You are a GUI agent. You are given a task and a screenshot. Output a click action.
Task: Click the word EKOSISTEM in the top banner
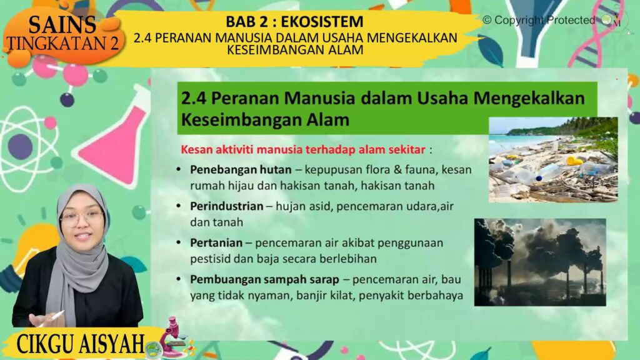tap(322, 21)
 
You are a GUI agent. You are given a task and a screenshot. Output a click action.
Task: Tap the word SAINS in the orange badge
tap(62, 25)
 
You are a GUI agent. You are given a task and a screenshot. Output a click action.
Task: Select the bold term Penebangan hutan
tap(241, 169)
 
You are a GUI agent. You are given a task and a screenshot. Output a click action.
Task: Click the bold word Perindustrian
tap(226, 206)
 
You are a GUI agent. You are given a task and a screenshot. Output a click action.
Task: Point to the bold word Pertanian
tap(216, 243)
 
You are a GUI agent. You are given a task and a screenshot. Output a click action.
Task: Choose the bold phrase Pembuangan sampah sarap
tap(264, 279)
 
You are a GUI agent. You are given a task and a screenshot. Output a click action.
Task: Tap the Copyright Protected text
tap(539, 20)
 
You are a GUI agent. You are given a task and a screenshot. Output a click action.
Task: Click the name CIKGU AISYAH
tap(81, 344)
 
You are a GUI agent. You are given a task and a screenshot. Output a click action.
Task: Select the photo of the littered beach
tap(553, 159)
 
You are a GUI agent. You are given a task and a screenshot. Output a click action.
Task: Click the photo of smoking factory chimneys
tap(540, 262)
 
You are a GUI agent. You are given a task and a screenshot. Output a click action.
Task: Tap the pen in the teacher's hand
tap(52, 319)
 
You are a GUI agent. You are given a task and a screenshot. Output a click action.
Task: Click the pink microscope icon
tap(174, 337)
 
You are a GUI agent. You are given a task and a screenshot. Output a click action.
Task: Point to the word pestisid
tap(210, 259)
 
